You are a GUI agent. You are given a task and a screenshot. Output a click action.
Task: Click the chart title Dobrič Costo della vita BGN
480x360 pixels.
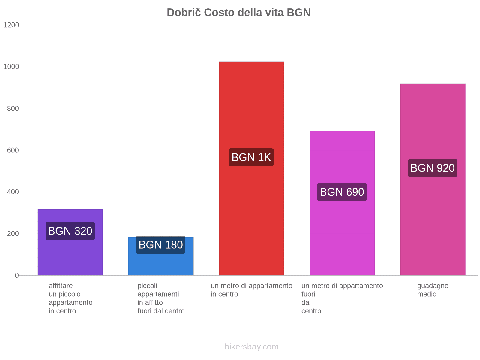(238, 13)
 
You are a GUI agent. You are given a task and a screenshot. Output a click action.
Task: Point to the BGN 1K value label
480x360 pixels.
(251, 157)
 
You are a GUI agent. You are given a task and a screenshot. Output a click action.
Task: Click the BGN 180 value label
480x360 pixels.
(161, 245)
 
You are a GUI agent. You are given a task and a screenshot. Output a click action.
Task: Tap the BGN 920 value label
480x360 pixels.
(433, 168)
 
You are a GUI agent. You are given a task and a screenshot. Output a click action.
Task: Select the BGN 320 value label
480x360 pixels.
(70, 231)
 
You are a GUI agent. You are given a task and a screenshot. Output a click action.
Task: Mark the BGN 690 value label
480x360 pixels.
(342, 192)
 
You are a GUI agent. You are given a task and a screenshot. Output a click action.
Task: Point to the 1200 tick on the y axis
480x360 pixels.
(11, 25)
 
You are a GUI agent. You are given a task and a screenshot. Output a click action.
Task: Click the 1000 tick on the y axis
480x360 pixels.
(11, 67)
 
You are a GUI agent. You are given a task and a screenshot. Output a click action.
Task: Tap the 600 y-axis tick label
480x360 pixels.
(13, 150)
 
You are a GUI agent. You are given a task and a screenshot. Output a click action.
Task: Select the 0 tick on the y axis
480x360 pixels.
(17, 275)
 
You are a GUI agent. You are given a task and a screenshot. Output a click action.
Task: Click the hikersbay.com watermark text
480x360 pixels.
(251, 347)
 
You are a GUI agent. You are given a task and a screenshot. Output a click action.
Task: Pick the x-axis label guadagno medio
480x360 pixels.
(433, 290)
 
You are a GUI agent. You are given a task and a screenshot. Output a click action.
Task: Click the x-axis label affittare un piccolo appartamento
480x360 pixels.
(70, 298)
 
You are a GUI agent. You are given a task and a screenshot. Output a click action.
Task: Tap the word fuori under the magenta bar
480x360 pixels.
(308, 294)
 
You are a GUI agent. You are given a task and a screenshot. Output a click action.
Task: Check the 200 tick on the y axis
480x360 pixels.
(13, 234)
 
